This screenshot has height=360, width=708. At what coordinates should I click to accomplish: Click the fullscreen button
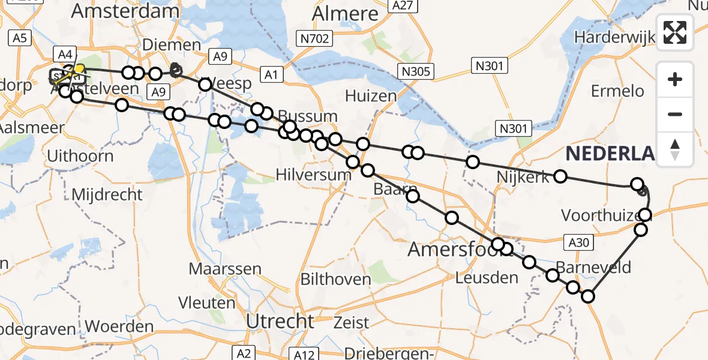(x=675, y=32)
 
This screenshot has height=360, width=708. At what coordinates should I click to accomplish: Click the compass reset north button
(x=675, y=149)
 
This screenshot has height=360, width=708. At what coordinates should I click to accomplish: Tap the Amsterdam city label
(x=125, y=11)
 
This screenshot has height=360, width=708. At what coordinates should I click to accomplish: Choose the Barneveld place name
(x=593, y=266)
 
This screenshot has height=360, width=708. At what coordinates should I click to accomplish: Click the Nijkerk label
(x=523, y=177)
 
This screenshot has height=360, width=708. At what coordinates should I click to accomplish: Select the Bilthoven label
(x=335, y=279)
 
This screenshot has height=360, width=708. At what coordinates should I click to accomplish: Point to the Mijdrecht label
(x=107, y=194)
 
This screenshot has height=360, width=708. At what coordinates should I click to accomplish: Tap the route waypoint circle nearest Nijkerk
(x=560, y=176)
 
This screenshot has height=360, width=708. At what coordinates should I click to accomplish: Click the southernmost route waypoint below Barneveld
(x=588, y=296)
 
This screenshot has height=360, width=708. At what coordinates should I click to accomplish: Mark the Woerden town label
(x=119, y=327)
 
